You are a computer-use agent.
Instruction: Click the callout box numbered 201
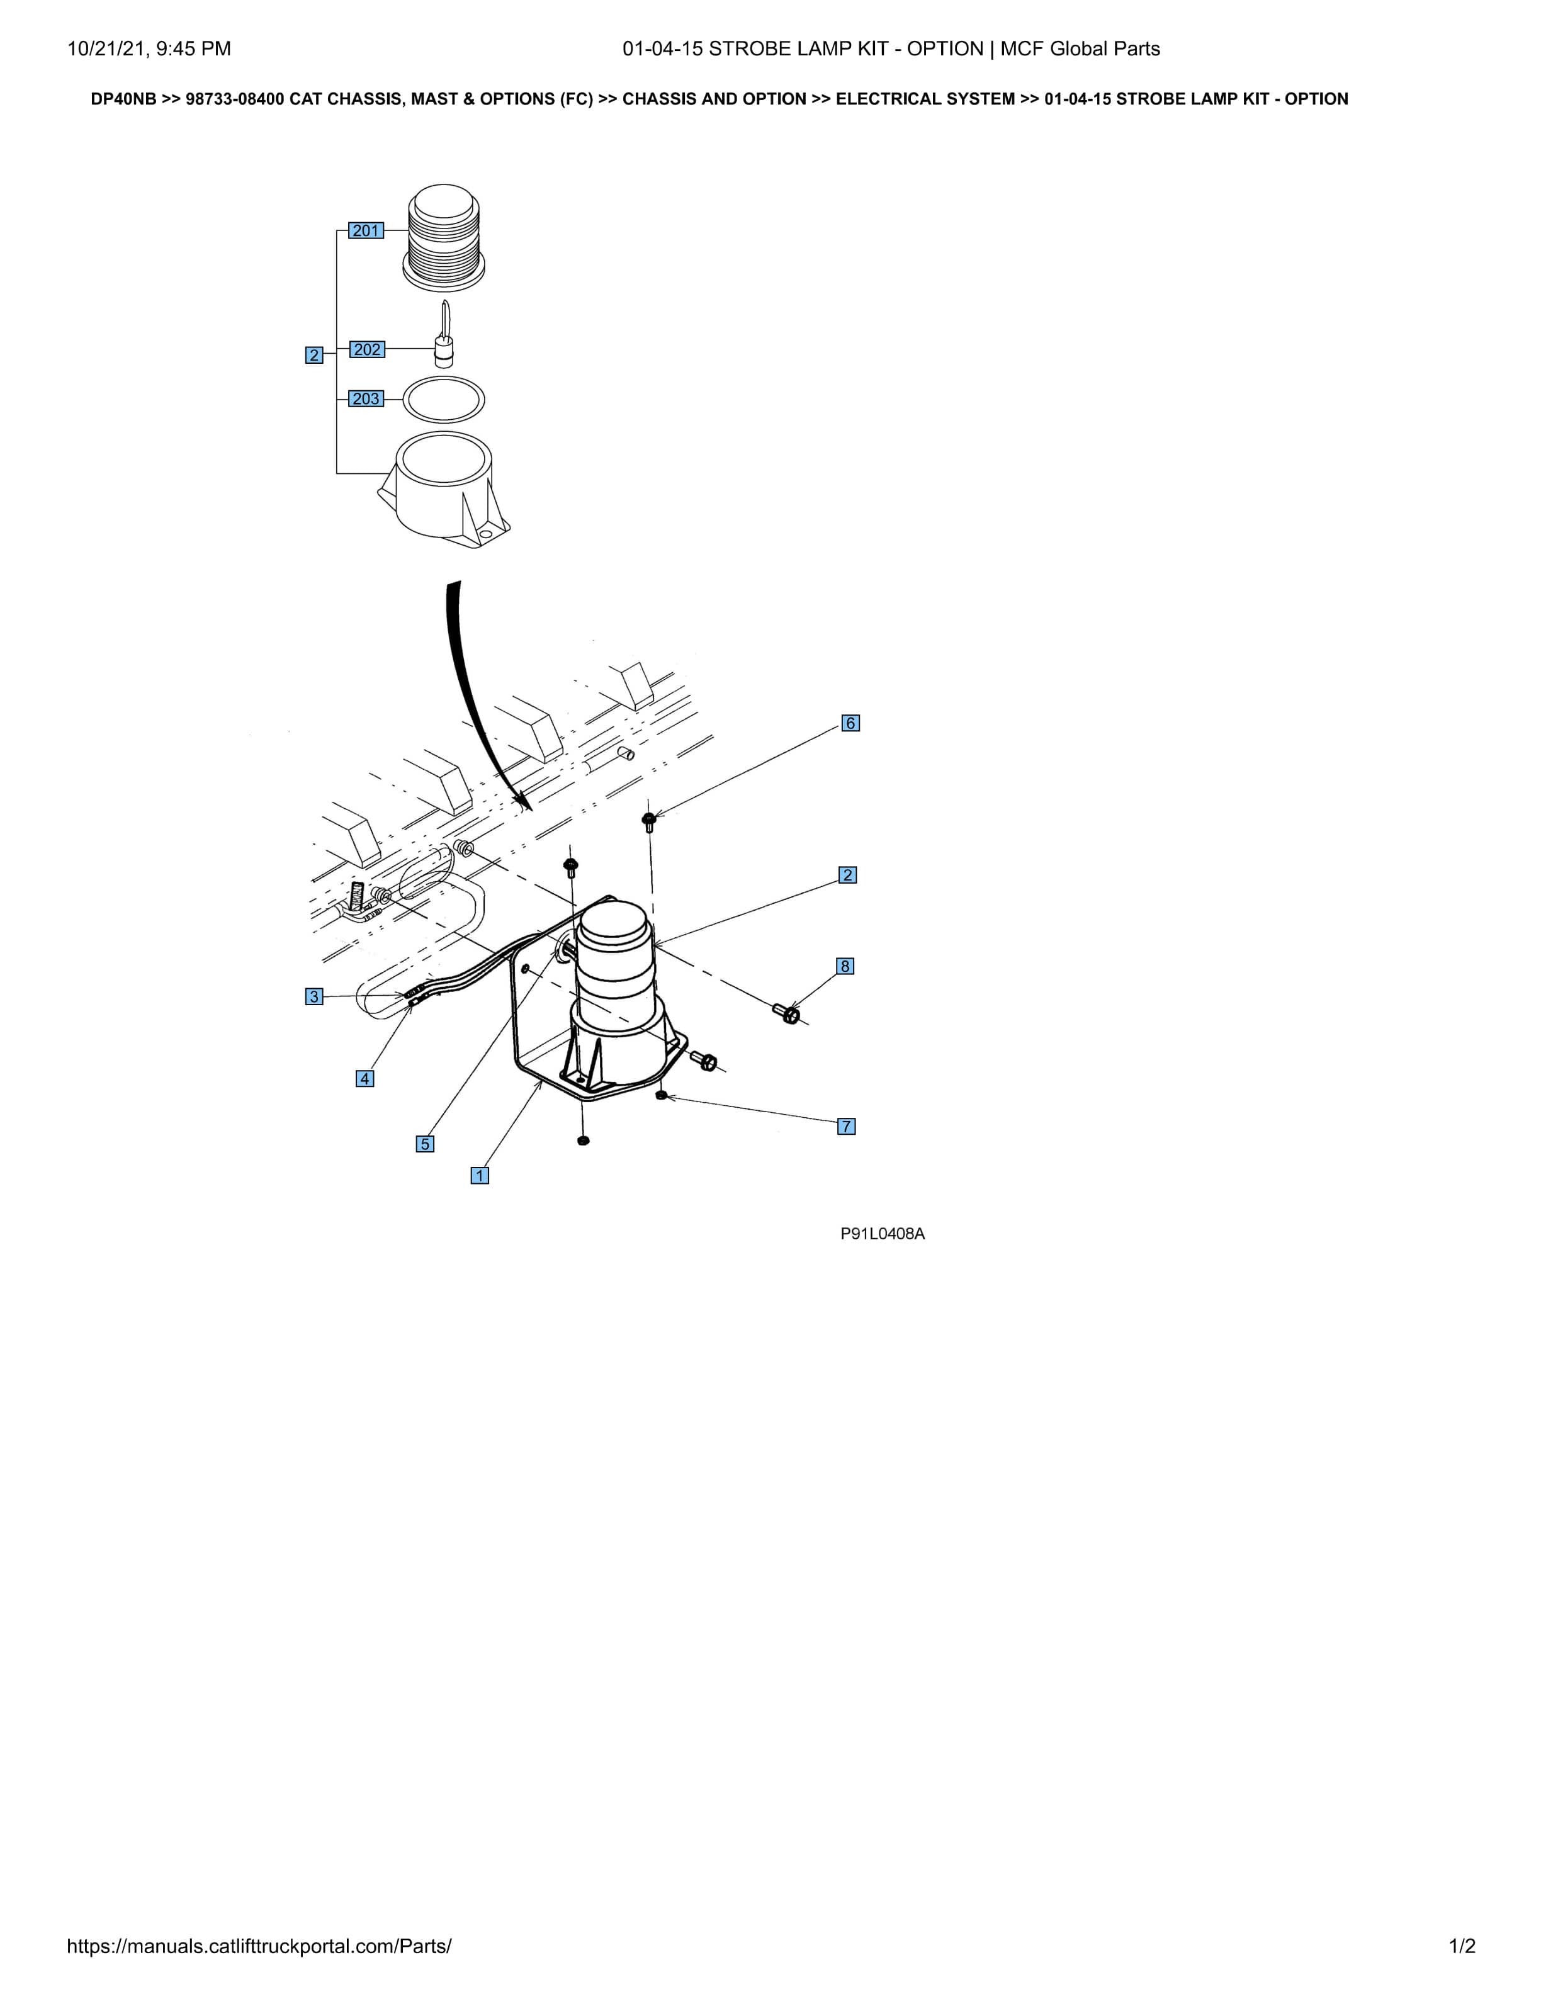(x=366, y=231)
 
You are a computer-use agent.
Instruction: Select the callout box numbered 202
(x=367, y=350)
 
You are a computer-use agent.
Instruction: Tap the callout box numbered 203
(x=366, y=399)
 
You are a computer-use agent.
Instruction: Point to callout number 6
(x=850, y=723)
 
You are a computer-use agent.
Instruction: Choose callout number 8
(x=845, y=966)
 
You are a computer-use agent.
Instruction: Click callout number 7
(x=846, y=1126)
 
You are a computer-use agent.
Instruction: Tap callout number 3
(x=314, y=996)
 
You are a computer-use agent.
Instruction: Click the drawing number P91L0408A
(x=883, y=1234)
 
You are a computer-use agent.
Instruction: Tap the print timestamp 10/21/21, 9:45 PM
(x=149, y=48)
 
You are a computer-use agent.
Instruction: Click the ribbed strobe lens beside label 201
(x=444, y=239)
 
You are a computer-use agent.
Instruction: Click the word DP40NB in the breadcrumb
(x=123, y=99)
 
